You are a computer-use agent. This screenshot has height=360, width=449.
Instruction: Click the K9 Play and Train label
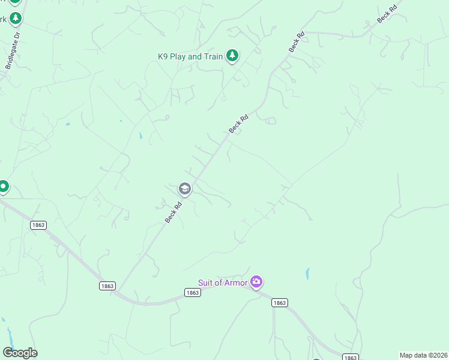point(190,57)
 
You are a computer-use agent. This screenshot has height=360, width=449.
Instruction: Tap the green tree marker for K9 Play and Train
point(232,56)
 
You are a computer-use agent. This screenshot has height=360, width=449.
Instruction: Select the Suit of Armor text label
point(223,283)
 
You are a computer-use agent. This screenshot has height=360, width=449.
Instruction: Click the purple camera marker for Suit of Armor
point(257,281)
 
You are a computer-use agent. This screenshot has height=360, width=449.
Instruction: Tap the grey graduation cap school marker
point(184,189)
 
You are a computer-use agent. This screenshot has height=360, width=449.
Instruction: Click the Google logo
point(20,353)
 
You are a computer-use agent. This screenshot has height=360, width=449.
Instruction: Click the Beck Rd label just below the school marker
point(173,213)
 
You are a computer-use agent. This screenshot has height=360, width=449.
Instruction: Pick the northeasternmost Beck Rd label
point(387,14)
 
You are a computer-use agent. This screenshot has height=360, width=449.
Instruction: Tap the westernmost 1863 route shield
point(37,224)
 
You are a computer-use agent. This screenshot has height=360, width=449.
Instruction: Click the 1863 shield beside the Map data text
point(351,357)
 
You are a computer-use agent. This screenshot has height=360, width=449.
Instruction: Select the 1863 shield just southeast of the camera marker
point(279,303)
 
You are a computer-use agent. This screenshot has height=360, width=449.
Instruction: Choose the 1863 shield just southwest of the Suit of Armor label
point(192,293)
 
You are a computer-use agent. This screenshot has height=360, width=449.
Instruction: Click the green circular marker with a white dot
point(3,187)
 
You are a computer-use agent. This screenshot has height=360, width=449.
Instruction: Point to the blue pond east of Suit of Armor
point(307,274)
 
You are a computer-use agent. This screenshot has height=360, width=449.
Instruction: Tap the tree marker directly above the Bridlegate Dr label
point(16,18)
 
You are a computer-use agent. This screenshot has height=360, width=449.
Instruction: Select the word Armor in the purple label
point(236,283)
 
